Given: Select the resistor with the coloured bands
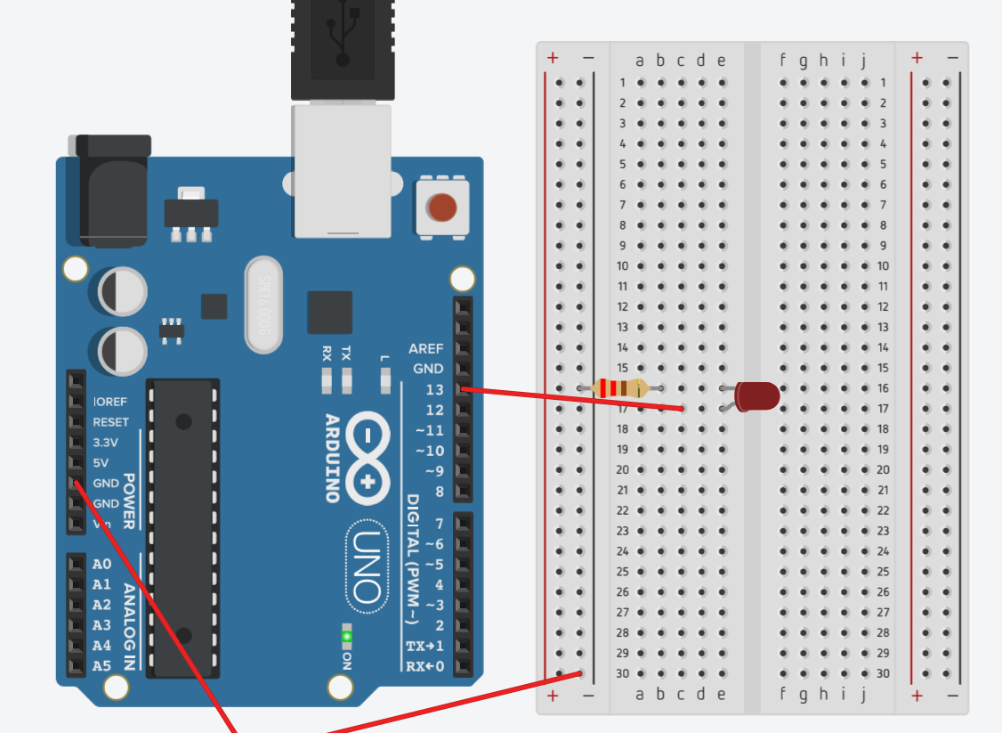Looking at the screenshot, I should point(622,387).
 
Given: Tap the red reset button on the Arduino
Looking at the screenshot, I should point(441,208).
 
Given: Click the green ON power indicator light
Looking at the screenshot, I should point(346,636).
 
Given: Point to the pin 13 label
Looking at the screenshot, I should point(434,390).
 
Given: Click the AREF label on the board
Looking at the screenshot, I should point(425,348).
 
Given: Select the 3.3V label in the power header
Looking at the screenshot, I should point(105,443).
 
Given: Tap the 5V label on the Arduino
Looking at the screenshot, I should point(101,463).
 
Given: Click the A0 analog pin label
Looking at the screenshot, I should point(101,564).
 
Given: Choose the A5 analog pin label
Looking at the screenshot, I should point(101,665).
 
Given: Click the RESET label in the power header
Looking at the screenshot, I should point(110,422).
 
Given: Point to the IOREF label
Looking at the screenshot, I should point(109,402).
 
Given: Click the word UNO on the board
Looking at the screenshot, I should point(367,566).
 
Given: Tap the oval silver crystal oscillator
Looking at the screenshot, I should point(263,305).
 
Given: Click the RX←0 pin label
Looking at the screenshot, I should point(424,666).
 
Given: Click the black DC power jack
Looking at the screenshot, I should point(112,191).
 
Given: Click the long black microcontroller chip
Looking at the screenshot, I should point(184,525).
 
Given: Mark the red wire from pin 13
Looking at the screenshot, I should point(570,398).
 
